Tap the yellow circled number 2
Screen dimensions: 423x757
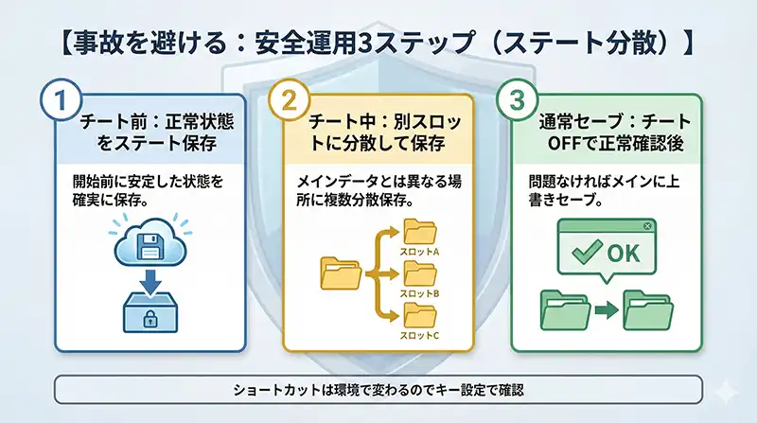click(x=288, y=101)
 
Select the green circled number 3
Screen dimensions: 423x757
click(x=517, y=101)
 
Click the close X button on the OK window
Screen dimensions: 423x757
click(x=646, y=227)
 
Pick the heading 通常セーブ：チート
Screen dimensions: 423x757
click(x=614, y=124)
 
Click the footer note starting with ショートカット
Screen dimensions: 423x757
click(x=378, y=389)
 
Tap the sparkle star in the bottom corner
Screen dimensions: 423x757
click(x=726, y=391)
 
